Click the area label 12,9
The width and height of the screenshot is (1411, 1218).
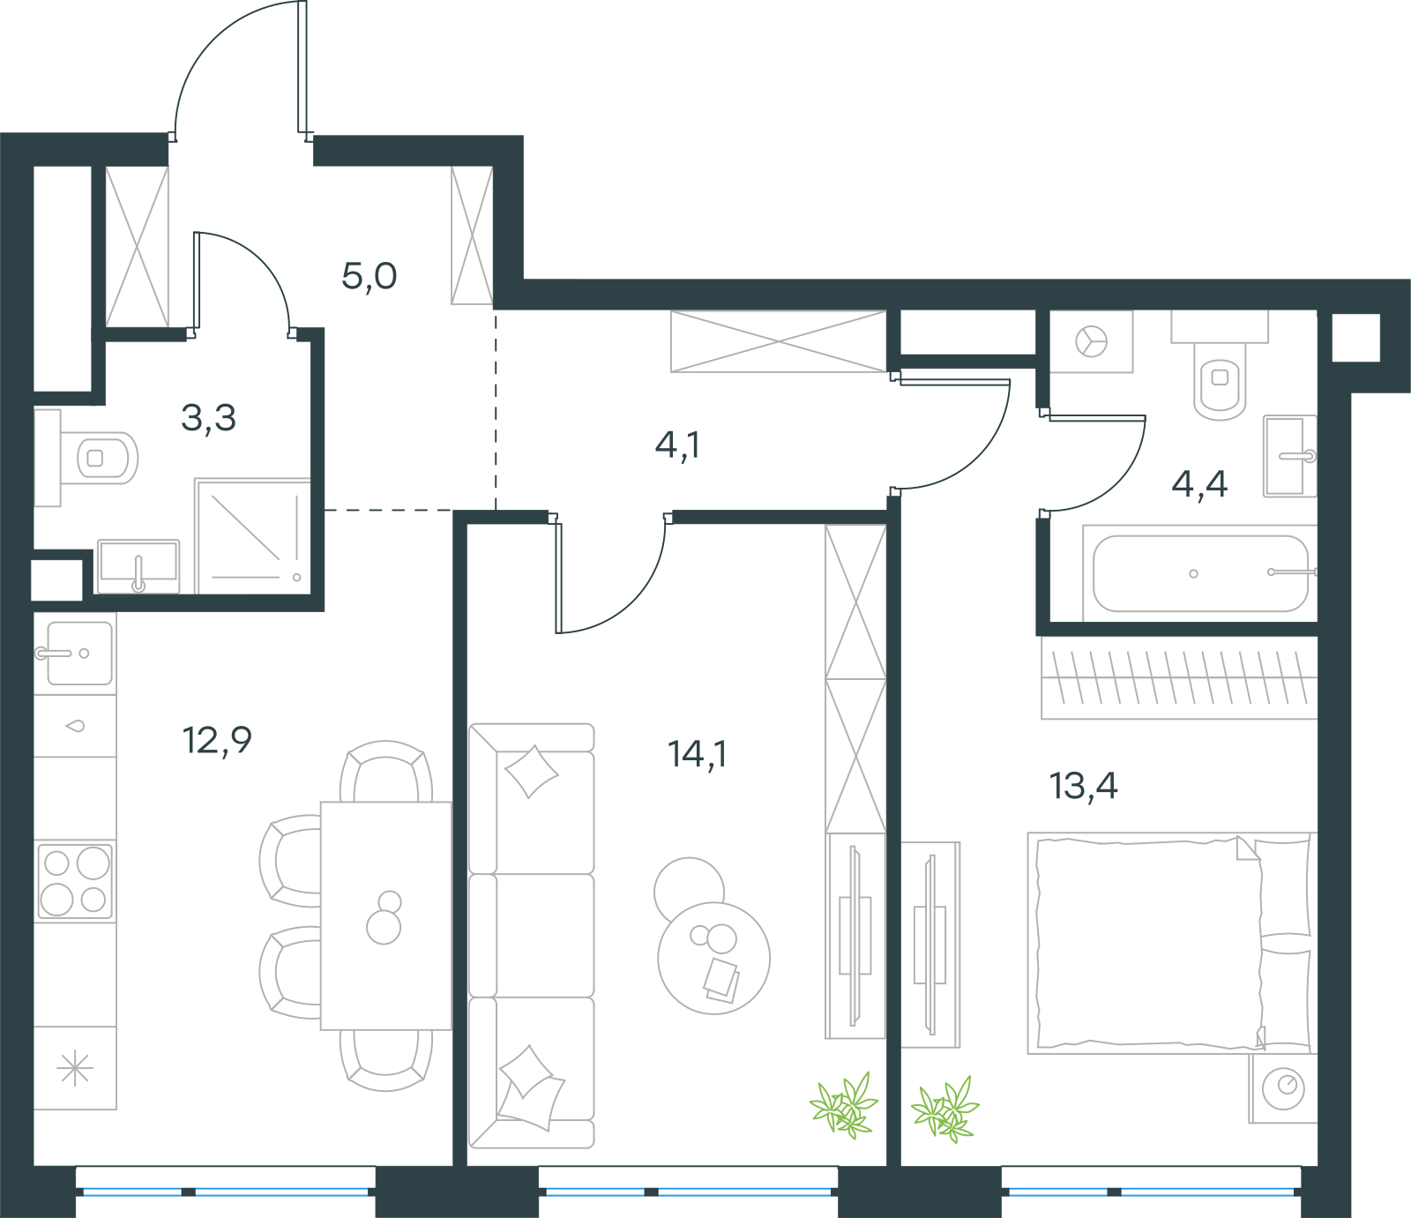click(217, 741)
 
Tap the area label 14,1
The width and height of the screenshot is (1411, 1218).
click(697, 754)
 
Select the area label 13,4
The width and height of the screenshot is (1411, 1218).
click(1084, 786)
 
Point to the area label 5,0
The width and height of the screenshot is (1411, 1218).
click(370, 277)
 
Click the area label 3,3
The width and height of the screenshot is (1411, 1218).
click(209, 418)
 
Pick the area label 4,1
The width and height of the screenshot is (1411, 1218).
click(677, 445)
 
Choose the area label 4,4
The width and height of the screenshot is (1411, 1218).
click(1199, 483)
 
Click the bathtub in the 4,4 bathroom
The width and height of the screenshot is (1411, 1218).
click(1199, 573)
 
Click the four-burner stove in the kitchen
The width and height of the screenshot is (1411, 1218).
click(75, 880)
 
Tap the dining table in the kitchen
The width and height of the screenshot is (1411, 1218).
click(386, 915)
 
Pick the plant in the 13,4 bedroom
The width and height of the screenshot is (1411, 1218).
click(945, 1109)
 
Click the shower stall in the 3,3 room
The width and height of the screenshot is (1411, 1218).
click(253, 536)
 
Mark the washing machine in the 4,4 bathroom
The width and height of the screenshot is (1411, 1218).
click(1092, 341)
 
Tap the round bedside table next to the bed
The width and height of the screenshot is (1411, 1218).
click(1283, 1088)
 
